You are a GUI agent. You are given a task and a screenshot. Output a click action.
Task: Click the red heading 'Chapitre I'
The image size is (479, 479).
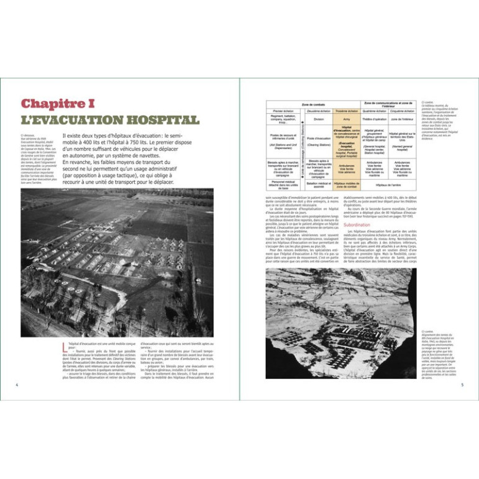[x=57, y=104]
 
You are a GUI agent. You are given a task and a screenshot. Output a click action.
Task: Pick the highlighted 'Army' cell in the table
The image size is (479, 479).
[x=347, y=119]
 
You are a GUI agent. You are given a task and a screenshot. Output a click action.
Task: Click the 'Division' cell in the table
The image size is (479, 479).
[x=319, y=119]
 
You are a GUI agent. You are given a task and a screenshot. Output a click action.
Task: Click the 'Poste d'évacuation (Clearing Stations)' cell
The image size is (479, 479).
[x=319, y=141]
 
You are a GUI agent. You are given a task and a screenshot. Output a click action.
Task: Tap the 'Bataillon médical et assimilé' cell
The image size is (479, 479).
[x=319, y=185]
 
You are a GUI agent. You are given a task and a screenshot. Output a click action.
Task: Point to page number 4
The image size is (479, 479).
[x=16, y=383]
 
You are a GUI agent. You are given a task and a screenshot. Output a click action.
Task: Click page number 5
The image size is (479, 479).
[x=462, y=383]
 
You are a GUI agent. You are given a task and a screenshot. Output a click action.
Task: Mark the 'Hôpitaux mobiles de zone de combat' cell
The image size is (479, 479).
[x=347, y=185]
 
